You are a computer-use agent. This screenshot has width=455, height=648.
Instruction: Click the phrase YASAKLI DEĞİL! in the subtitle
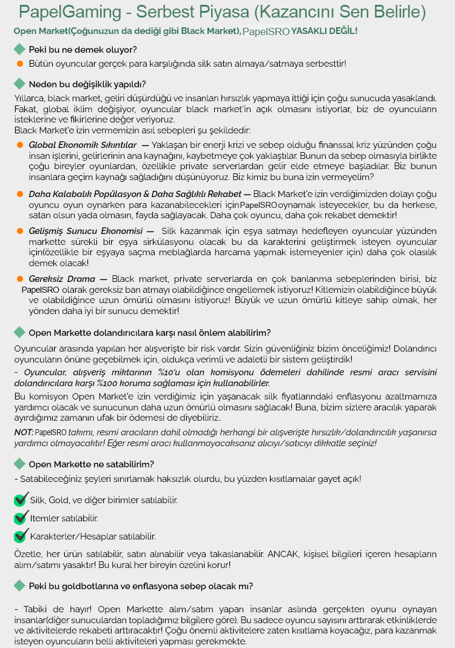tap(325, 30)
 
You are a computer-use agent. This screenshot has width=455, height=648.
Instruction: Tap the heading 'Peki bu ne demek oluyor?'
tap(83, 49)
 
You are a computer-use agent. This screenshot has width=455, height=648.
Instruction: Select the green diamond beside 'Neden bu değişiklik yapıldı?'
tap(19, 84)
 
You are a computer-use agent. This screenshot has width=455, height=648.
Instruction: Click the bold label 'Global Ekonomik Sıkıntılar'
tap(83, 145)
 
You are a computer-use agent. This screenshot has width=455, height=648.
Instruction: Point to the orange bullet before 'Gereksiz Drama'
tap(19, 279)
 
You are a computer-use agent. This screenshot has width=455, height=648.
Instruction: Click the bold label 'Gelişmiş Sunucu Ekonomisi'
tap(87, 231)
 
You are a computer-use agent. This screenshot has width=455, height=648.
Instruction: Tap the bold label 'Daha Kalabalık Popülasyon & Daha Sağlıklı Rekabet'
tap(135, 194)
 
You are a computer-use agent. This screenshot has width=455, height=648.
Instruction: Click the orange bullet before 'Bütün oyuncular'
tap(19, 63)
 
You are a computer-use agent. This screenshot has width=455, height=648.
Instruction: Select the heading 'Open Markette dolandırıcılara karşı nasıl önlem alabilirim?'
tap(149, 333)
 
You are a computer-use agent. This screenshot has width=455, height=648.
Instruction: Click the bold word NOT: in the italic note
tap(24, 432)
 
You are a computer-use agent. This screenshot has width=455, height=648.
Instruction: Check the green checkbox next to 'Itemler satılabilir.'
tap(21, 518)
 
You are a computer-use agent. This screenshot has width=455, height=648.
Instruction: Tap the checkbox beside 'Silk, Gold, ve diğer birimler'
tap(21, 500)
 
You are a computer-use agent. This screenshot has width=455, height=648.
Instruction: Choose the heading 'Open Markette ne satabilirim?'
tap(91, 464)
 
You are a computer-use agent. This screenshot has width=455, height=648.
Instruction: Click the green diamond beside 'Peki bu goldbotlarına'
tap(19, 586)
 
